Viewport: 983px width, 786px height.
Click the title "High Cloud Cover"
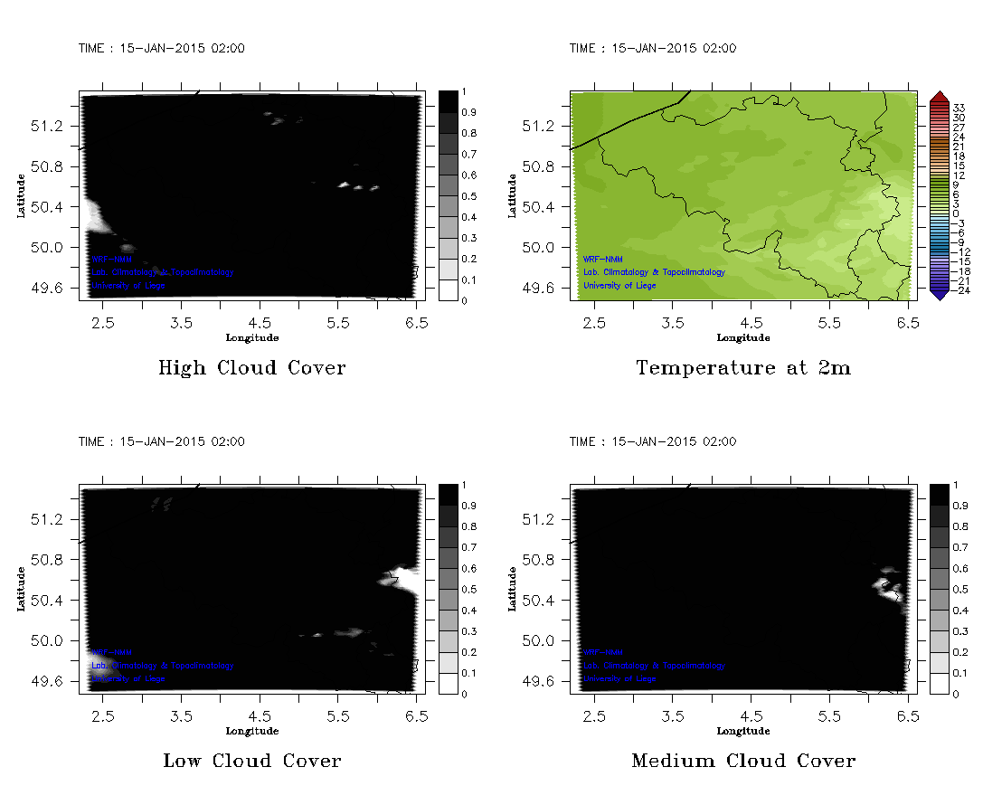251,368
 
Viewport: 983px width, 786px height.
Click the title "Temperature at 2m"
743,368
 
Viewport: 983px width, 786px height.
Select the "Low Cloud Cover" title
251,761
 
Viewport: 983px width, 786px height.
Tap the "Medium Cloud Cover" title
743,761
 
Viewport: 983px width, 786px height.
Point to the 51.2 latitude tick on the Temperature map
541,126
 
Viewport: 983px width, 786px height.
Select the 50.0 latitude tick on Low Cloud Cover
50,640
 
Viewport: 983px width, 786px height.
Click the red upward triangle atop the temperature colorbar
939,97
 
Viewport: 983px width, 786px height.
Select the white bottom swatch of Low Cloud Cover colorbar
449,684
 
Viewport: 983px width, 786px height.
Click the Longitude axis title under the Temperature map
742,338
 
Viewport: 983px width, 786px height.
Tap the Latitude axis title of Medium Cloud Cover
513,589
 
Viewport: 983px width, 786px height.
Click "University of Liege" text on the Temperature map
620,286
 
